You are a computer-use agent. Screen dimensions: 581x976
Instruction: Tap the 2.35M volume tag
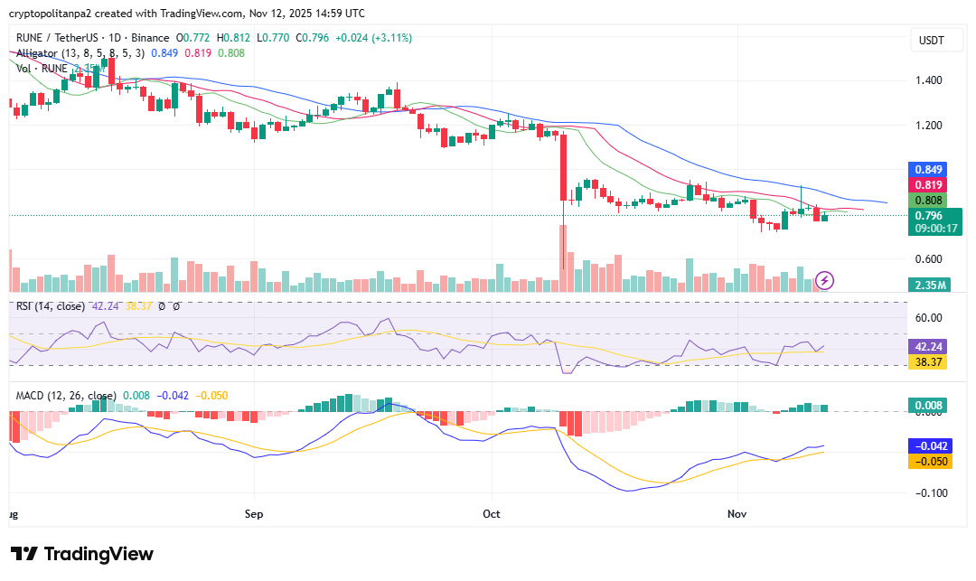930,286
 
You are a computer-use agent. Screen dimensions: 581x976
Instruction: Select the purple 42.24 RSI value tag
927,346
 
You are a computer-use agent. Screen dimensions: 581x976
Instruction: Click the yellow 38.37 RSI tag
927,361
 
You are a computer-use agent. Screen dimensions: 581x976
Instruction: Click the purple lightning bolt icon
825,280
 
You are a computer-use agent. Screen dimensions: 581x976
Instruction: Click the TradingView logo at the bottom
82,554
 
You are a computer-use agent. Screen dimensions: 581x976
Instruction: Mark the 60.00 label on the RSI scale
929,317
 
